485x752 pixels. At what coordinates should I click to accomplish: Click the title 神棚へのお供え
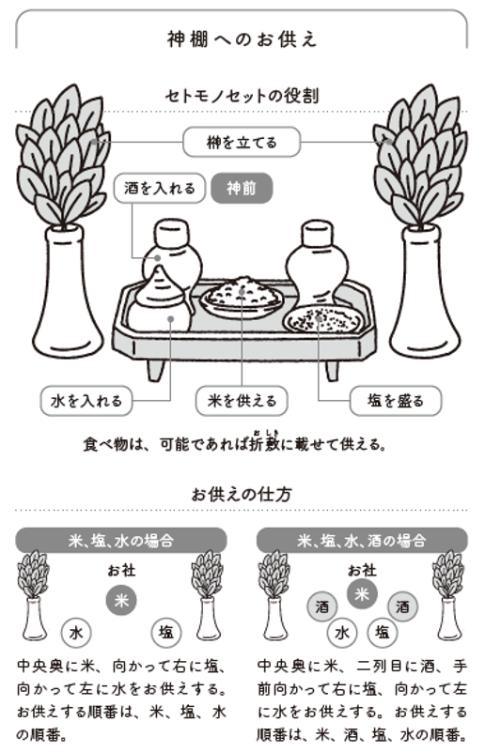click(x=242, y=38)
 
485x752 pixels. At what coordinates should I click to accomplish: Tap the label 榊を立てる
click(x=242, y=143)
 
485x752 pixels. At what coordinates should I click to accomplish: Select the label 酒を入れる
click(x=160, y=189)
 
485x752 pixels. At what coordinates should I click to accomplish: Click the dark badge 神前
click(x=242, y=189)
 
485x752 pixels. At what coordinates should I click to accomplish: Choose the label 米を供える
click(x=242, y=401)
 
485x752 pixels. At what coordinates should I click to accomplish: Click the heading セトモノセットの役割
click(x=242, y=95)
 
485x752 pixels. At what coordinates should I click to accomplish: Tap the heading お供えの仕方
click(x=242, y=493)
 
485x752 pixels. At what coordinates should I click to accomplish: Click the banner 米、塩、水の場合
click(x=120, y=541)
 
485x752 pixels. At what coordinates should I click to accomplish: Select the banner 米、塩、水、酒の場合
click(x=362, y=541)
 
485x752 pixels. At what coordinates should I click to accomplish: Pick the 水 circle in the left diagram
click(x=76, y=632)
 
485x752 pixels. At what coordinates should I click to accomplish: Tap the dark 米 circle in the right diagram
click(x=362, y=593)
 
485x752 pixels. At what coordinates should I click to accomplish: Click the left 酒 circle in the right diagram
click(x=321, y=608)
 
